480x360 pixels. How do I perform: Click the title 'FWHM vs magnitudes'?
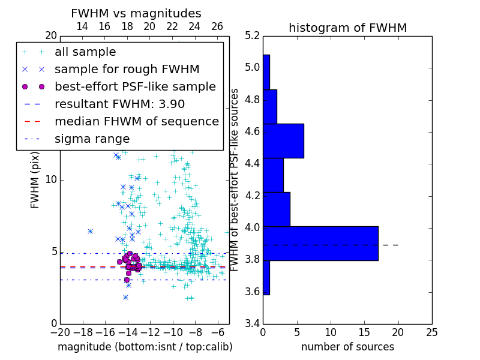pos(136,14)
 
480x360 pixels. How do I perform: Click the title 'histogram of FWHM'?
pos(347,28)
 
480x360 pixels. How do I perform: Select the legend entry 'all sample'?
pos(85,52)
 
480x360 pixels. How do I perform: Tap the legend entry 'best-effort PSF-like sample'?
pos(135,86)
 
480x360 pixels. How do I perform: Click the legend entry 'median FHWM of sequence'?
pos(136,121)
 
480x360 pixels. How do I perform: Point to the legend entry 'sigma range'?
pos(92,139)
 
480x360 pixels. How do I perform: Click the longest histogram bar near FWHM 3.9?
pos(320,244)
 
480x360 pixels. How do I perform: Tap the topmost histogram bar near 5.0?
pos(266,72)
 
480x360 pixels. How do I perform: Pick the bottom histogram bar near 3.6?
pos(266,278)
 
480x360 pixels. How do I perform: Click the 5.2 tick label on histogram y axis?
pos(252,35)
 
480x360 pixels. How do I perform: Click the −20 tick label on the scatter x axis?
pos(60,332)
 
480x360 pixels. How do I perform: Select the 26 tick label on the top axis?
pos(217,26)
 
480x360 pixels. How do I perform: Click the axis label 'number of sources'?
pos(347,347)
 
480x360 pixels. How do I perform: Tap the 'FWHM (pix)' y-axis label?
pos(35,179)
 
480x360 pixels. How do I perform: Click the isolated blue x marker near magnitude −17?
pos(90,231)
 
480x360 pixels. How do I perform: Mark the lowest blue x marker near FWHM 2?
pos(125,297)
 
